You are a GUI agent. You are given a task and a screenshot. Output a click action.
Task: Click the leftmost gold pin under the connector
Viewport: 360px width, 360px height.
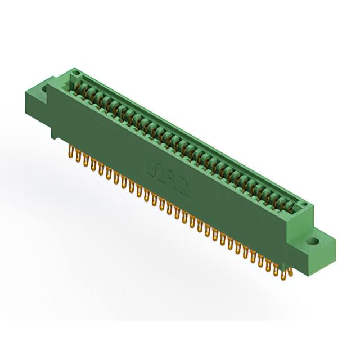click(x=71, y=152)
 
